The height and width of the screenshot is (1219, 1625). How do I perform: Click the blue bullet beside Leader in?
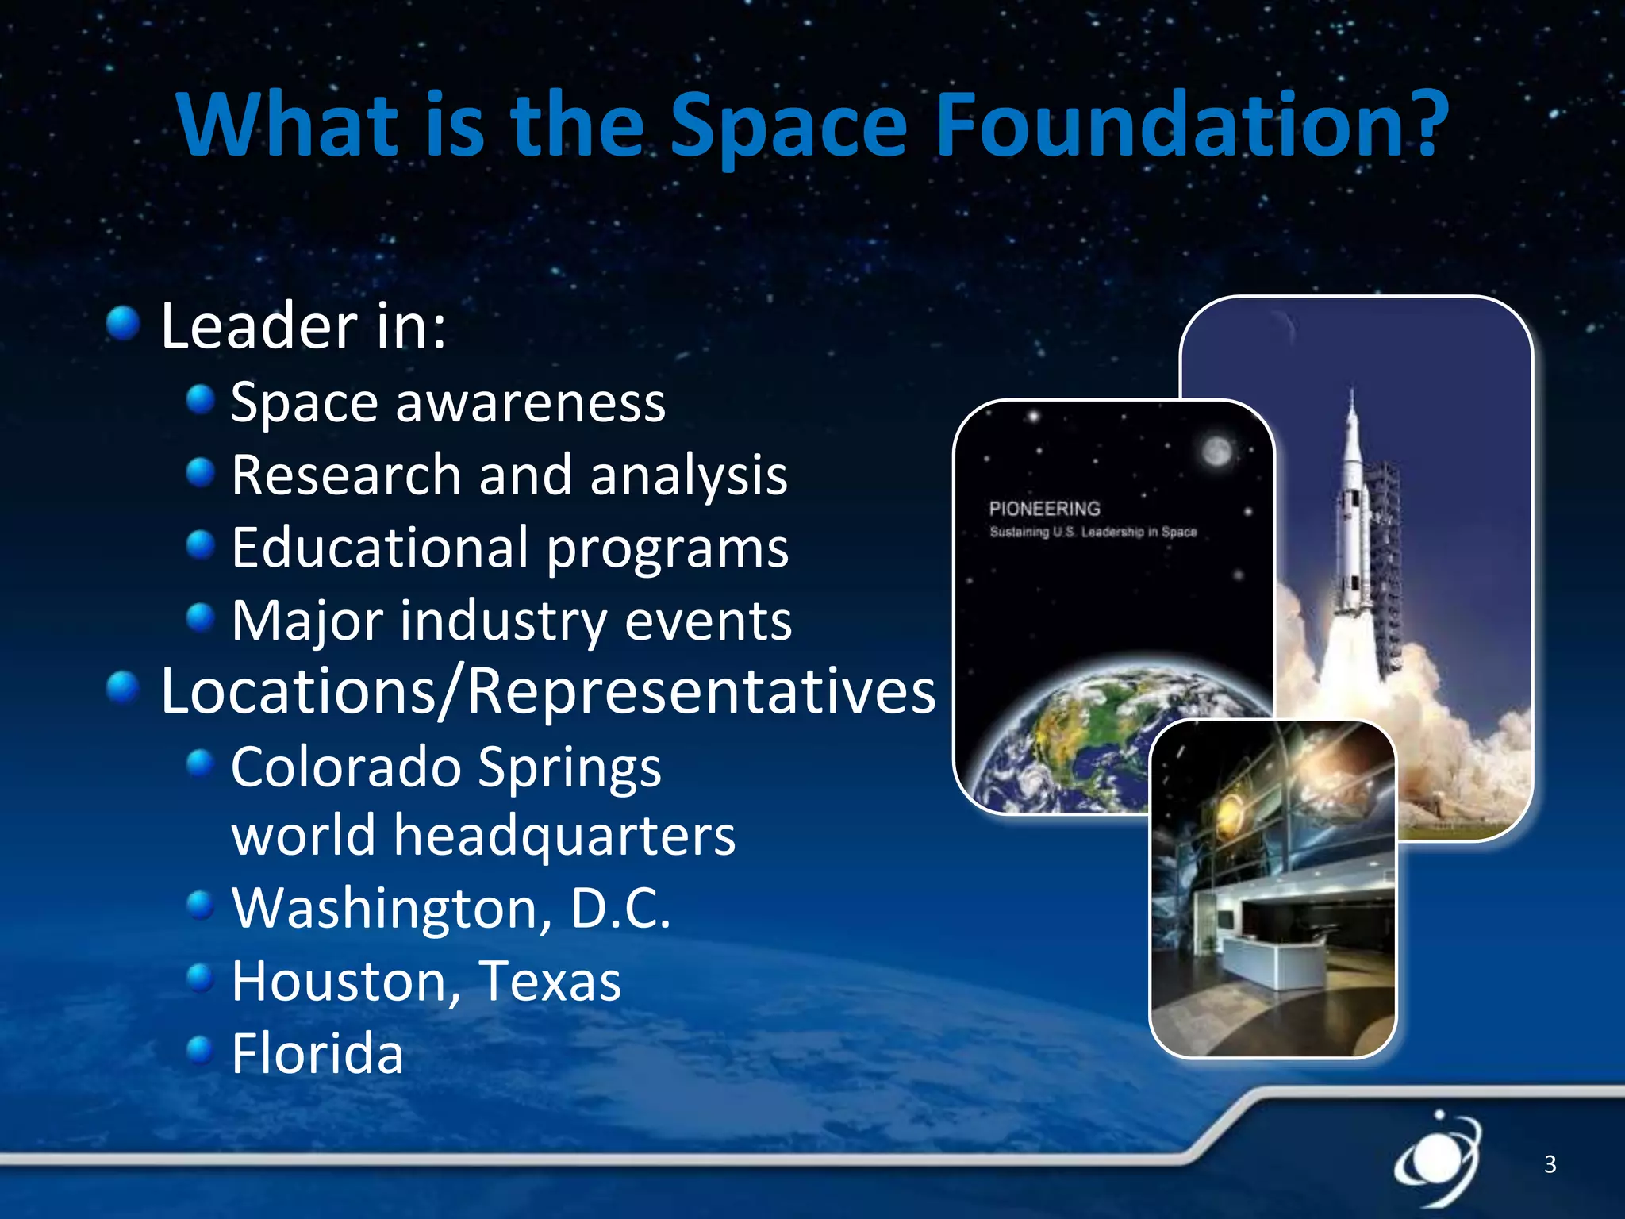click(123, 323)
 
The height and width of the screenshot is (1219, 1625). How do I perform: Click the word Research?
click(346, 475)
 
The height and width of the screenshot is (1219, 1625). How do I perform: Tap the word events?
click(708, 621)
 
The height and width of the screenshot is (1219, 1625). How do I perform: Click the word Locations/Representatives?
click(547, 691)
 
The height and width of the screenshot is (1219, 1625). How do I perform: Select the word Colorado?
click(346, 767)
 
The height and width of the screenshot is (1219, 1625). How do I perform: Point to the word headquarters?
click(564, 836)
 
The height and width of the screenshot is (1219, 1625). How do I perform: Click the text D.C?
click(620, 908)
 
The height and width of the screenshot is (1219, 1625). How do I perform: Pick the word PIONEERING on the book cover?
click(1044, 509)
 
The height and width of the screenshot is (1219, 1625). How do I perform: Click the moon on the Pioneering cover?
click(1216, 452)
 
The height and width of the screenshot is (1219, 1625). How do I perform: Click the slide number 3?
click(1550, 1164)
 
